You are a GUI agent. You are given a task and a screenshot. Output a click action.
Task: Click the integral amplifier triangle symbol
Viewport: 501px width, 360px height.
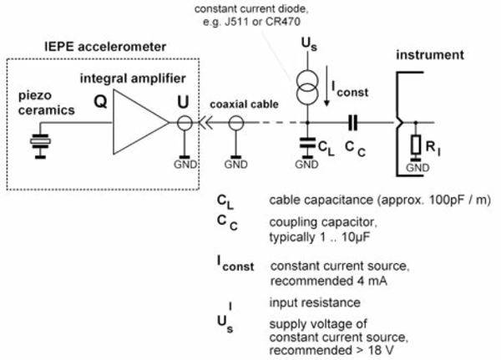point(140,122)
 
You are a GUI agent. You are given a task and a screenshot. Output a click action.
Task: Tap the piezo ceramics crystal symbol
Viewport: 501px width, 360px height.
point(40,141)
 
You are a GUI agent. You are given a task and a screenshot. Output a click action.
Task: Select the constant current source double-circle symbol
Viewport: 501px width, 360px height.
point(307,87)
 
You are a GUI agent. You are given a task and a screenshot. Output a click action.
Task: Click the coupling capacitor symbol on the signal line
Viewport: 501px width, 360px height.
point(352,123)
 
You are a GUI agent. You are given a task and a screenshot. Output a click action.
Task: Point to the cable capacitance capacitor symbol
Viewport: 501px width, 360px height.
point(307,143)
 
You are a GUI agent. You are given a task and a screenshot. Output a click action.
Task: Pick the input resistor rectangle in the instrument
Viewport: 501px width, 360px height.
point(415,145)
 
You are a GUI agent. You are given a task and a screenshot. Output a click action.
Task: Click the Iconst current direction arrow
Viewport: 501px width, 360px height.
point(326,86)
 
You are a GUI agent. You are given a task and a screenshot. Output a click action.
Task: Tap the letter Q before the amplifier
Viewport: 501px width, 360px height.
point(100,102)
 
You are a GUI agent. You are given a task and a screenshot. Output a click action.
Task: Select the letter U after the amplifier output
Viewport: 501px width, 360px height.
point(183,102)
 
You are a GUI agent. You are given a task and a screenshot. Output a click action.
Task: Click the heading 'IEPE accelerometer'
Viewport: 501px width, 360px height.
point(105,47)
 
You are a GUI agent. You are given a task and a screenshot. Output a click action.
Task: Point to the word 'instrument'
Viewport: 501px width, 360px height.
point(430,54)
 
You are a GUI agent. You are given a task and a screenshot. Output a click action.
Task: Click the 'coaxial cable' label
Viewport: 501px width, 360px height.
point(244,104)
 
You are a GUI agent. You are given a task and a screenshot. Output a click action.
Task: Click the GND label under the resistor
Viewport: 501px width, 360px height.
point(417,168)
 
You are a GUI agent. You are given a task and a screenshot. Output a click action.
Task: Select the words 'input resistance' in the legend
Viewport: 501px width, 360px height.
point(315,302)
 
